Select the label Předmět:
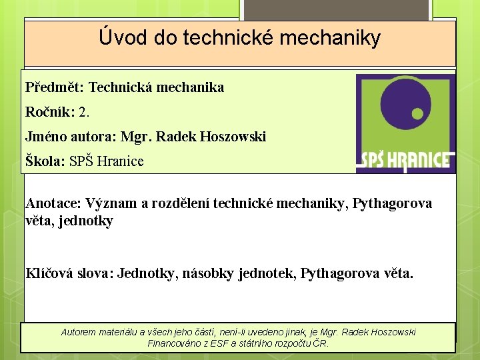[x=55, y=87]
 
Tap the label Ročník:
[x=50, y=112]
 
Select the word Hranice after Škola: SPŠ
[x=121, y=161]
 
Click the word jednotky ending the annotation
[x=86, y=221]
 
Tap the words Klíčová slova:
[x=69, y=273]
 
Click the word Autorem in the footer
[x=78, y=332]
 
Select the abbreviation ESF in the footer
[x=215, y=344]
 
